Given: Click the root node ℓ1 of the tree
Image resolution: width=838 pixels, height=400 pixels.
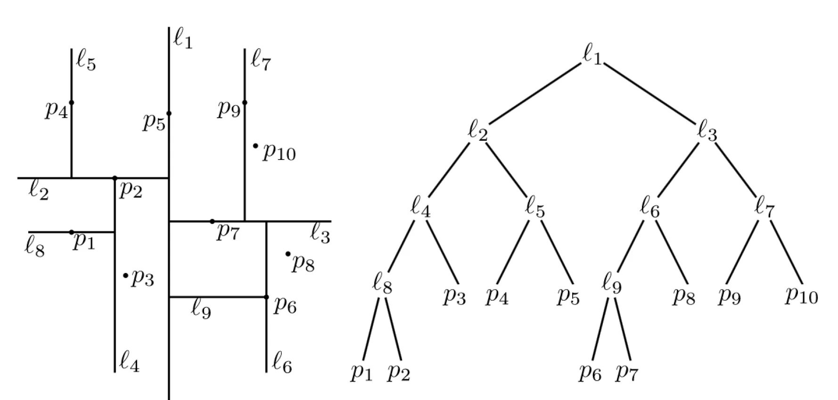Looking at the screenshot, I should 592,56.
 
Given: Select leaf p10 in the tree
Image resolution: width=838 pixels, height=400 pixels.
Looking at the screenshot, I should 801,296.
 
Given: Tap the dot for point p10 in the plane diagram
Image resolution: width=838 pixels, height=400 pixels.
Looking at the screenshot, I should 255,146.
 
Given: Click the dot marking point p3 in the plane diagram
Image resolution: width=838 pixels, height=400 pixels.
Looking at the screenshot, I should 125,275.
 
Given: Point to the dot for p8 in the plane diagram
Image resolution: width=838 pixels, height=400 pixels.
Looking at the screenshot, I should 288,254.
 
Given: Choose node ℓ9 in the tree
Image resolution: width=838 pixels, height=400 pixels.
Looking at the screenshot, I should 612,286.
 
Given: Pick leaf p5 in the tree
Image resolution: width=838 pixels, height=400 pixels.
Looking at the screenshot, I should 568,296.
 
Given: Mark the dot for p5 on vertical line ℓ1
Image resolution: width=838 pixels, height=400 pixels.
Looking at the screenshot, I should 169,113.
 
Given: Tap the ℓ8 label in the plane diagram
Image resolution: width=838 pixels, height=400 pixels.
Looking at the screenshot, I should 34,247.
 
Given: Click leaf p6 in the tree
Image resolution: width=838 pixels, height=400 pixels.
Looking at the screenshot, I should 590,373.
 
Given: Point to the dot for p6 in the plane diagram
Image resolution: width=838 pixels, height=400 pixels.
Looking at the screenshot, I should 266,297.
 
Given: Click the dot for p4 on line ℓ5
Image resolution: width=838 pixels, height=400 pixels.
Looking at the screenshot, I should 71,103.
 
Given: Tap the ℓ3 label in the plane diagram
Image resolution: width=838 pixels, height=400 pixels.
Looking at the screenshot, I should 320,233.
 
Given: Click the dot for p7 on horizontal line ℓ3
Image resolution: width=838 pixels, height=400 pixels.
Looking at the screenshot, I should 212,221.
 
